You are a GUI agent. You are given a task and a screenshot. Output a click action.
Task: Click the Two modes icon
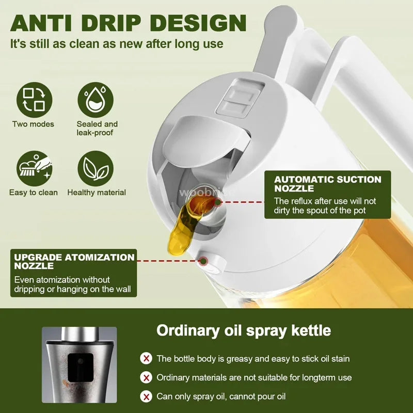pyautogui.click(x=34, y=99)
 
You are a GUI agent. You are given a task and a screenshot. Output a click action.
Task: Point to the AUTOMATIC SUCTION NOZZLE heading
pyautogui.click(x=327, y=184)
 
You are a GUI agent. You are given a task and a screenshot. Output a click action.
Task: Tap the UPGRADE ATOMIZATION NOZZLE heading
pyautogui.click(x=74, y=261)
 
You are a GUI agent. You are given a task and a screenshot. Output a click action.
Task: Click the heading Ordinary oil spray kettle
pyautogui.click(x=244, y=330)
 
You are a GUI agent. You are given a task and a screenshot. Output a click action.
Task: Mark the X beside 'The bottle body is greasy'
pyautogui.click(x=147, y=358)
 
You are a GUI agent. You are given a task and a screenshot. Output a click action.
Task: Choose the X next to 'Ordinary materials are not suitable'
pyautogui.click(x=147, y=377)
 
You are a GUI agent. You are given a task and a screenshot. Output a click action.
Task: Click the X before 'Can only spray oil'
pyautogui.click(x=147, y=396)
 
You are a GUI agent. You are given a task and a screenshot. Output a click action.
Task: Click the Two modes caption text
pyautogui.click(x=33, y=124)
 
